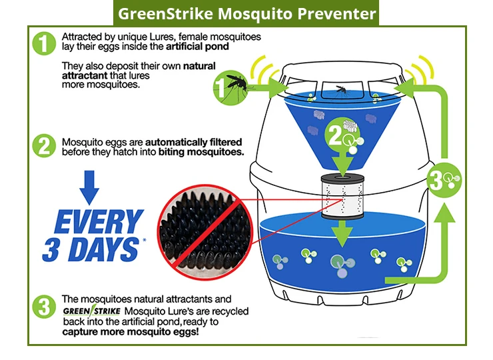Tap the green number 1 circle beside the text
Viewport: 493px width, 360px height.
pyautogui.click(x=44, y=43)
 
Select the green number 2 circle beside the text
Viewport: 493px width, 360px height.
pyautogui.click(x=44, y=146)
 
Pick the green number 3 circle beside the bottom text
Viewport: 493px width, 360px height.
pyautogui.click(x=44, y=307)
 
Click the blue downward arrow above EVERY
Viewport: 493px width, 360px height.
pyautogui.click(x=89, y=187)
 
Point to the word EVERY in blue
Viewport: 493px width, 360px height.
pyautogui.click(x=99, y=221)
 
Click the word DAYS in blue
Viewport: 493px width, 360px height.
pyautogui.click(x=104, y=249)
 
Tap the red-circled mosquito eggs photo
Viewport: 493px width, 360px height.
pyautogui.click(x=205, y=232)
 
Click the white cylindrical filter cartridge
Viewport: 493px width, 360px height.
pyautogui.click(x=342, y=197)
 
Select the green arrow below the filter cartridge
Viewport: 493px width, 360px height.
pyautogui.click(x=342, y=234)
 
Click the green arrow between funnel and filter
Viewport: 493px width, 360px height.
pyautogui.click(x=342, y=163)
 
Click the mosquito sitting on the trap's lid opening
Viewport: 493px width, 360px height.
pyautogui.click(x=342, y=90)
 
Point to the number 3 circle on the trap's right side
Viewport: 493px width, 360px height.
pyautogui.click(x=444, y=180)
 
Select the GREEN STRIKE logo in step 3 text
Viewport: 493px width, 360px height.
pyautogui.click(x=91, y=311)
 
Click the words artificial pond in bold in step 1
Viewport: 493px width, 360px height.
pyautogui.click(x=197, y=47)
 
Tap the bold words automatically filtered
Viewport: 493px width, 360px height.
pyautogui.click(x=193, y=142)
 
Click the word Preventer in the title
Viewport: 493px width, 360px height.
pyautogui.click(x=336, y=14)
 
